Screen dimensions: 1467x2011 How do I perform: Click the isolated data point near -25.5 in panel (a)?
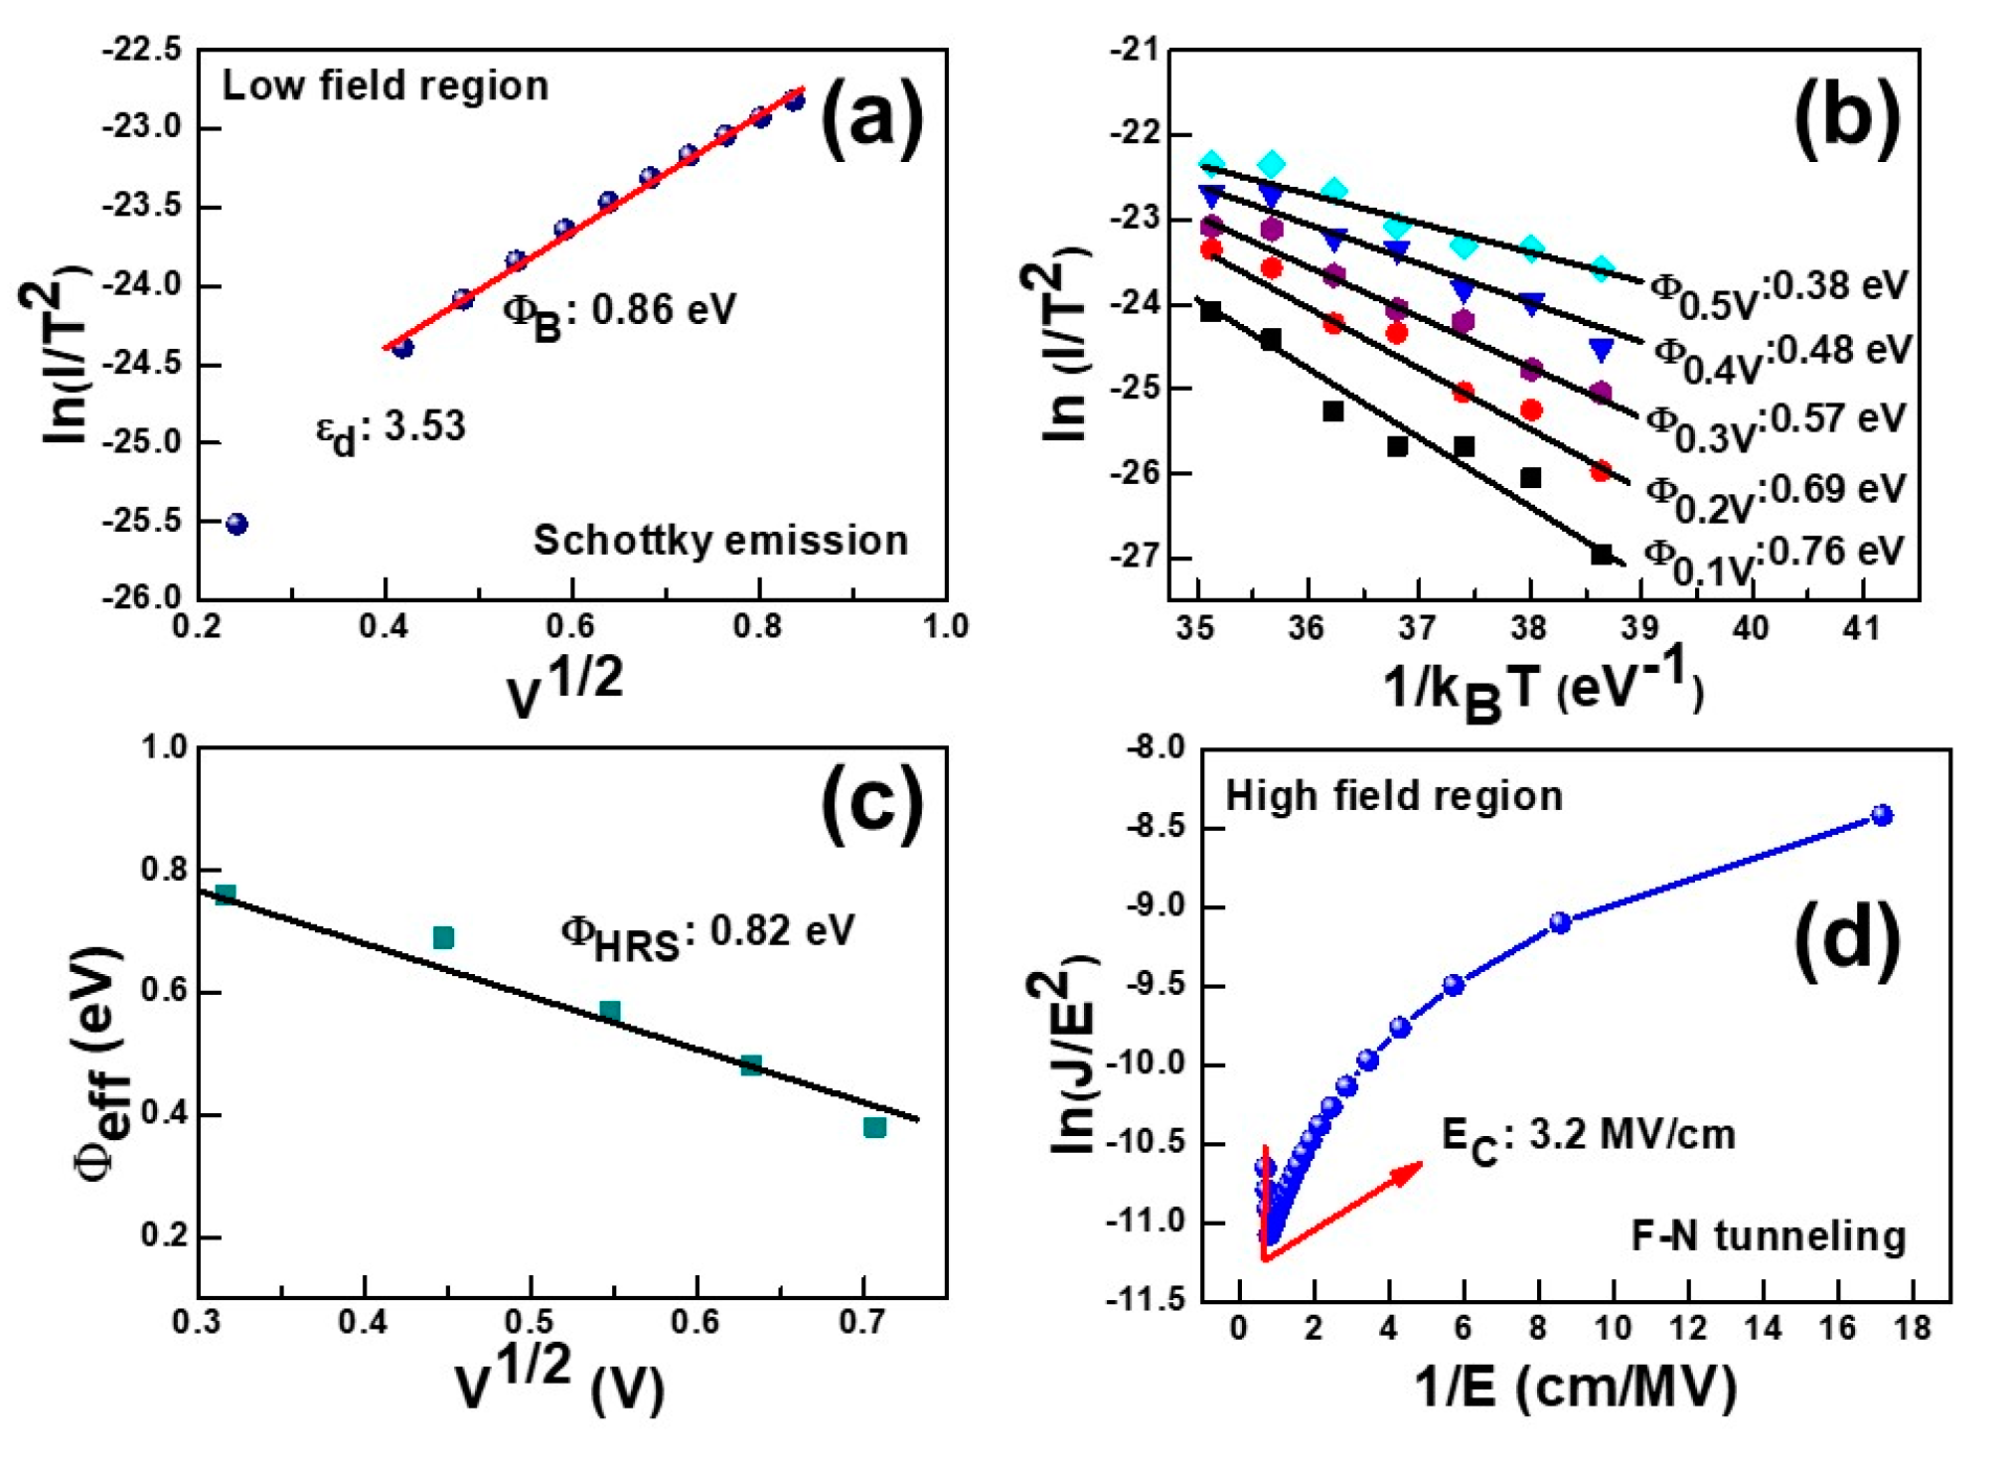click(x=236, y=525)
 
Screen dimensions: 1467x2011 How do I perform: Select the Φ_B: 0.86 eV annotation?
click(x=619, y=312)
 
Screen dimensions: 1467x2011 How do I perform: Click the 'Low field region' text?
click(x=385, y=86)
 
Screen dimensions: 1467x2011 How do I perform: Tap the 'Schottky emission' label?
click(x=720, y=541)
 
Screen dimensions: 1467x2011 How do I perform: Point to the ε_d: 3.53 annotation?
click(x=390, y=429)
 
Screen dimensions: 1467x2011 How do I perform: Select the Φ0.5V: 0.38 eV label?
click(x=1779, y=290)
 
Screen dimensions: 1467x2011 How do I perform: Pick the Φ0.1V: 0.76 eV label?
click(x=1774, y=557)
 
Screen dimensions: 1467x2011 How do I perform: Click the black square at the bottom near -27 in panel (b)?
click(x=1602, y=555)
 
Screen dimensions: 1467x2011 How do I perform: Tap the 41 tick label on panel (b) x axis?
click(x=1861, y=628)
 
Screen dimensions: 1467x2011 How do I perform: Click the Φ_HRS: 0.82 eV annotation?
click(x=707, y=935)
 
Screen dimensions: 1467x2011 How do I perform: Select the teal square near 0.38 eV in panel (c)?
click(x=874, y=1127)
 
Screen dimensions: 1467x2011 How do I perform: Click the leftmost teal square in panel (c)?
click(x=226, y=895)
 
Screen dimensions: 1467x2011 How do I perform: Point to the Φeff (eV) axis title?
click(x=100, y=1063)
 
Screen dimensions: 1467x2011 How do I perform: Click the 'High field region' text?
click(x=1394, y=797)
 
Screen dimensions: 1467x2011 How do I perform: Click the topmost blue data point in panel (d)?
click(x=1882, y=816)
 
